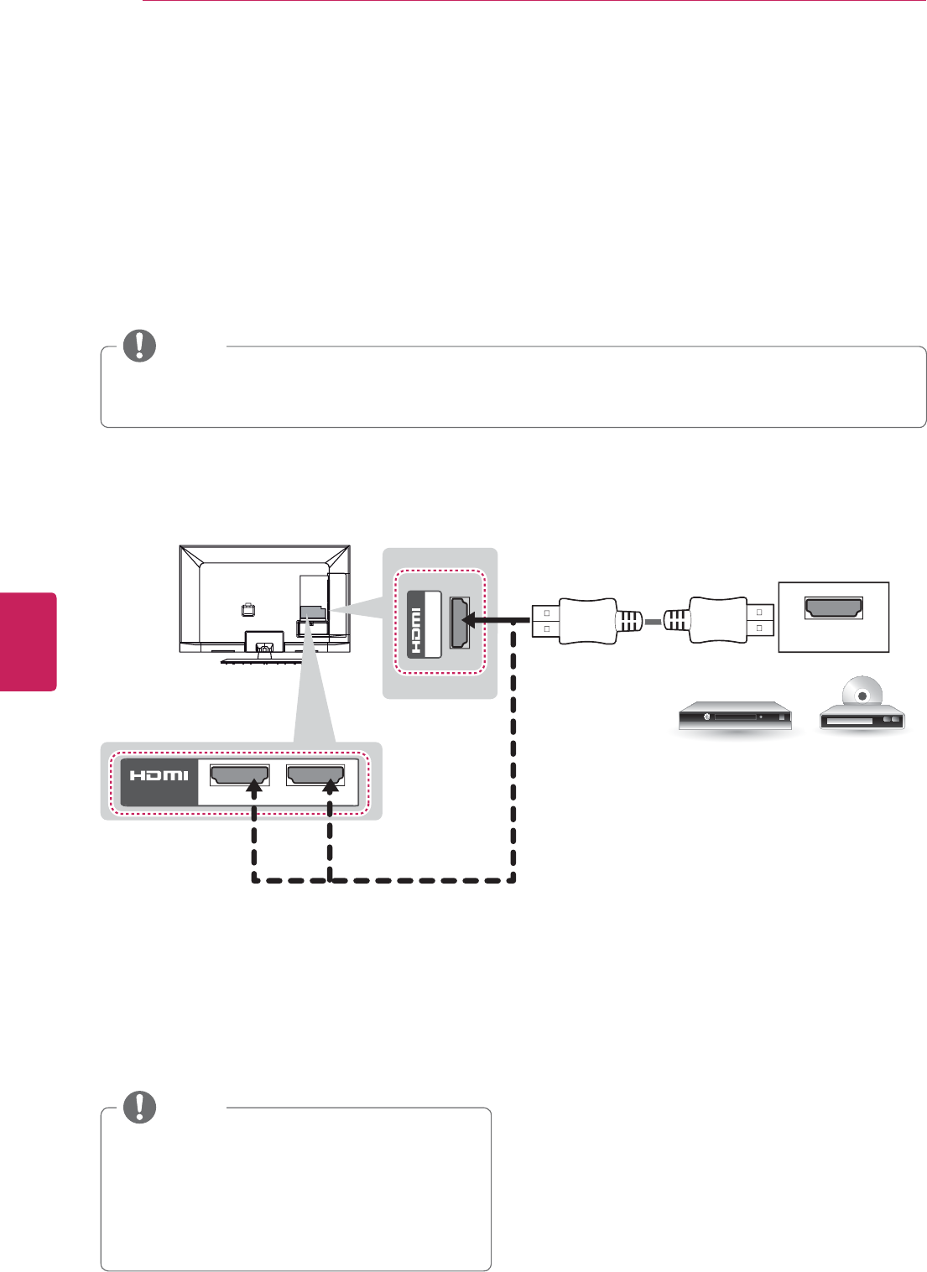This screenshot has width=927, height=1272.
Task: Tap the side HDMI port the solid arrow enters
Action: coord(459,622)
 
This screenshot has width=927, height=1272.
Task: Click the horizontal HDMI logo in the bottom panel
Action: coord(159,776)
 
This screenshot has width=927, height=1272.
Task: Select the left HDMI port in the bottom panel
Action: coord(239,775)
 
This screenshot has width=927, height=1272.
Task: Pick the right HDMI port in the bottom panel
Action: coord(315,775)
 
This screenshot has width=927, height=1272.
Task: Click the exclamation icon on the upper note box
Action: coord(139,346)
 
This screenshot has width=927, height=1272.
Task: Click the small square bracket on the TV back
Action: coord(248,610)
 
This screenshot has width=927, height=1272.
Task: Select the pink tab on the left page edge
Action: coord(28,642)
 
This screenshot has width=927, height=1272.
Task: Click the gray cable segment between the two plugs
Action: coord(654,622)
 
